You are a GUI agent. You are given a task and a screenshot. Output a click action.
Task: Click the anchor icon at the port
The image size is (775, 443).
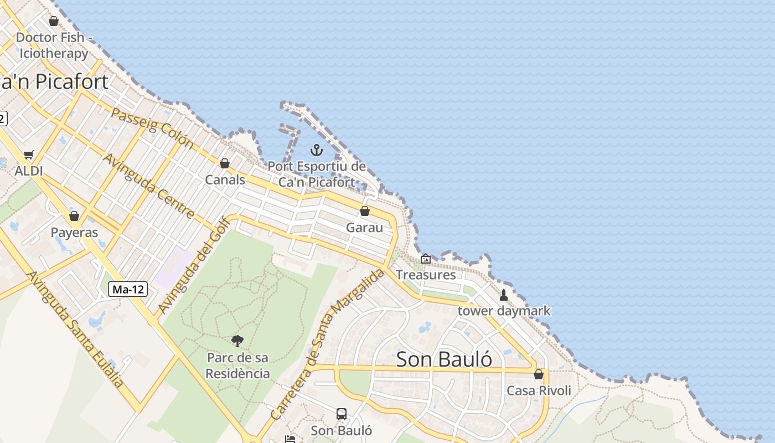tap(316, 150)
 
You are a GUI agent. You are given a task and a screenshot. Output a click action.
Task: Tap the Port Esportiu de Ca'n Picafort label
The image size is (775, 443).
tap(317, 174)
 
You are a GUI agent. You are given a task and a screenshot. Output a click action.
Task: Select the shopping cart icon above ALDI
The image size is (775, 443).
tap(29, 155)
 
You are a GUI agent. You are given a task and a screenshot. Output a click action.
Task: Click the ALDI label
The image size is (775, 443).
tap(29, 171)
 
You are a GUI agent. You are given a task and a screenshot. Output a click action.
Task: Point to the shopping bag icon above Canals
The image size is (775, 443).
tap(225, 163)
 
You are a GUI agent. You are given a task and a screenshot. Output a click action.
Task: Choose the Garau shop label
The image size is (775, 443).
tap(364, 228)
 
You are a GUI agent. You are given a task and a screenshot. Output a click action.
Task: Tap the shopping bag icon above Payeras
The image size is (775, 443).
tap(74, 216)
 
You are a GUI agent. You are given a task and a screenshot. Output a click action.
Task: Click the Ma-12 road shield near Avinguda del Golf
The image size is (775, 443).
tap(128, 289)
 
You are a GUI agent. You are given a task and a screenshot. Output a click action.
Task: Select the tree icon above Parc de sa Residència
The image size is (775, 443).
tap(237, 341)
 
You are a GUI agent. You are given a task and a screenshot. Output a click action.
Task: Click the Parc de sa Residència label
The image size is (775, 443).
tap(238, 365)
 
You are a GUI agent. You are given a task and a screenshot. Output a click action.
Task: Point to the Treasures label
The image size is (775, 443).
tap(426, 275)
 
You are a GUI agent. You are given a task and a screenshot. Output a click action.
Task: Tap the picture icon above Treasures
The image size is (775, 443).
tap(426, 259)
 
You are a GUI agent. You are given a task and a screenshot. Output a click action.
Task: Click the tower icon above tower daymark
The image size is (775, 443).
tap(504, 295)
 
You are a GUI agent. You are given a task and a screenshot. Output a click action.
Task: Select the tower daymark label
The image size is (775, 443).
tap(504, 311)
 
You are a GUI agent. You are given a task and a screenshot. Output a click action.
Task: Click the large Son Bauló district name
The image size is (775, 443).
tap(445, 359)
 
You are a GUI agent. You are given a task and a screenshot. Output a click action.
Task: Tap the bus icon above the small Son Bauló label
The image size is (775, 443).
tap(342, 414)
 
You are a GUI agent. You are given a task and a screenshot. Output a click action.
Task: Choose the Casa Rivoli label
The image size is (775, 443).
tap(539, 390)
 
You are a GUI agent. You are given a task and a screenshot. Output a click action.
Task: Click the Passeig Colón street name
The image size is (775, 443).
tap(152, 128)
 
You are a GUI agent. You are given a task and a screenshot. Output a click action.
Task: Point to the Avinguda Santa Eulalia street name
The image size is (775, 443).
tap(75, 329)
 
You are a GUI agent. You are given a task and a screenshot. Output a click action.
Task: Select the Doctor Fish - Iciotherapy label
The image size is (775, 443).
tap(54, 45)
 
